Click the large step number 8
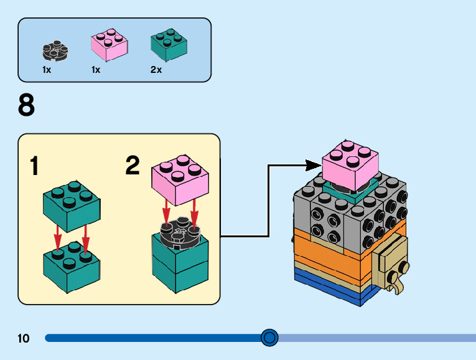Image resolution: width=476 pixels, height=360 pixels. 26,105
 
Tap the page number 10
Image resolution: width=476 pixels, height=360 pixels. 24,339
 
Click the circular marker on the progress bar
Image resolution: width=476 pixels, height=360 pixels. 269,338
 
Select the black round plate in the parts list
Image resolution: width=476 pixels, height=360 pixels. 55,49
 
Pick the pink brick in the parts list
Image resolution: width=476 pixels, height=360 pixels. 110,45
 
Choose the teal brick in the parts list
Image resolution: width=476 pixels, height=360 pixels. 169,45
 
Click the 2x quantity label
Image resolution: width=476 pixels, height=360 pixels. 156,70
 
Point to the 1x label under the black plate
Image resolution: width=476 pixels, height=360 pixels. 47,70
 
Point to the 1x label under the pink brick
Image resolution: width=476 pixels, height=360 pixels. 96,70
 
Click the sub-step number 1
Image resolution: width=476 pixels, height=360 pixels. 35,166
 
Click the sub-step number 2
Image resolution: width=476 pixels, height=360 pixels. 133,166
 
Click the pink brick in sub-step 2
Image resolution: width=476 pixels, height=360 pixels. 180,180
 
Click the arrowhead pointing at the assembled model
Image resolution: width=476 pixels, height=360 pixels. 315,165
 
